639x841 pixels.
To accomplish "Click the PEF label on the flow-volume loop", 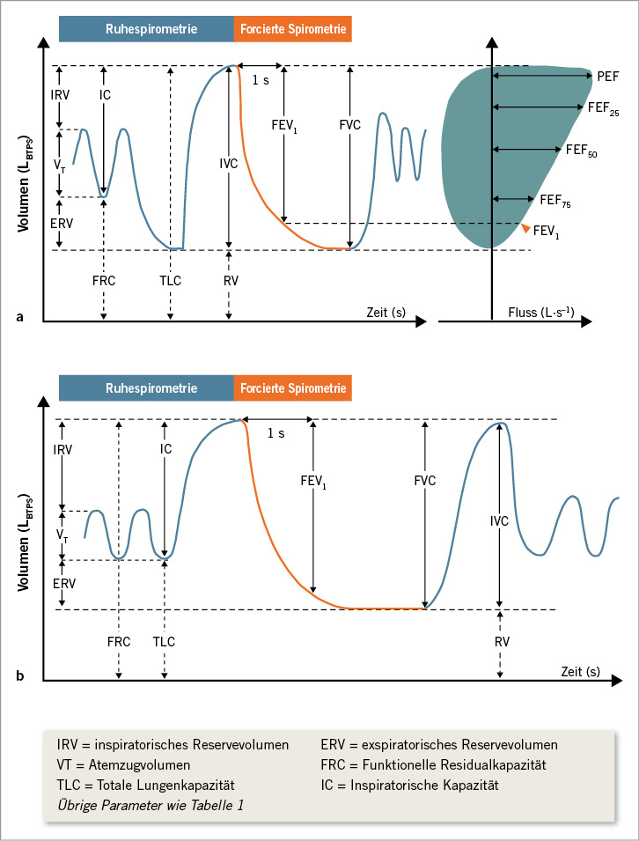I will (606, 77).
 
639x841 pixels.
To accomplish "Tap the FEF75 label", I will (555, 203).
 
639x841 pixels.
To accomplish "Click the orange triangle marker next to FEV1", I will (525, 228).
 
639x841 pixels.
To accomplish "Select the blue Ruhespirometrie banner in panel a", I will (146, 29).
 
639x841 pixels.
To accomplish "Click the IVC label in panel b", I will (499, 521).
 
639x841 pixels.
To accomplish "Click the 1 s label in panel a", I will (261, 80).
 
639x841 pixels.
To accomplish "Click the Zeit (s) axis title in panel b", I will (579, 671).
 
